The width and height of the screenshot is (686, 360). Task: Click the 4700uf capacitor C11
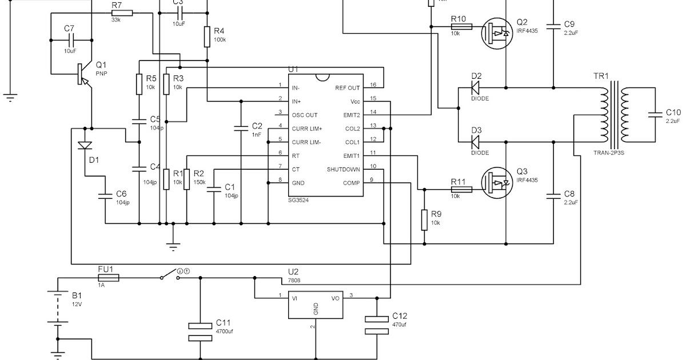tap(200, 331)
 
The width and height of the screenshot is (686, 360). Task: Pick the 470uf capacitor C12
tap(377, 324)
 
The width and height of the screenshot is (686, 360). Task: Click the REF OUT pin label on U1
tap(348, 88)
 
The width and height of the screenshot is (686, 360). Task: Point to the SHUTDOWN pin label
tap(343, 169)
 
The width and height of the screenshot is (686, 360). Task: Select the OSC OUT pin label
tap(304, 115)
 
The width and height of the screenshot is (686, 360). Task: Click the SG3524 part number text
tap(300, 201)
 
